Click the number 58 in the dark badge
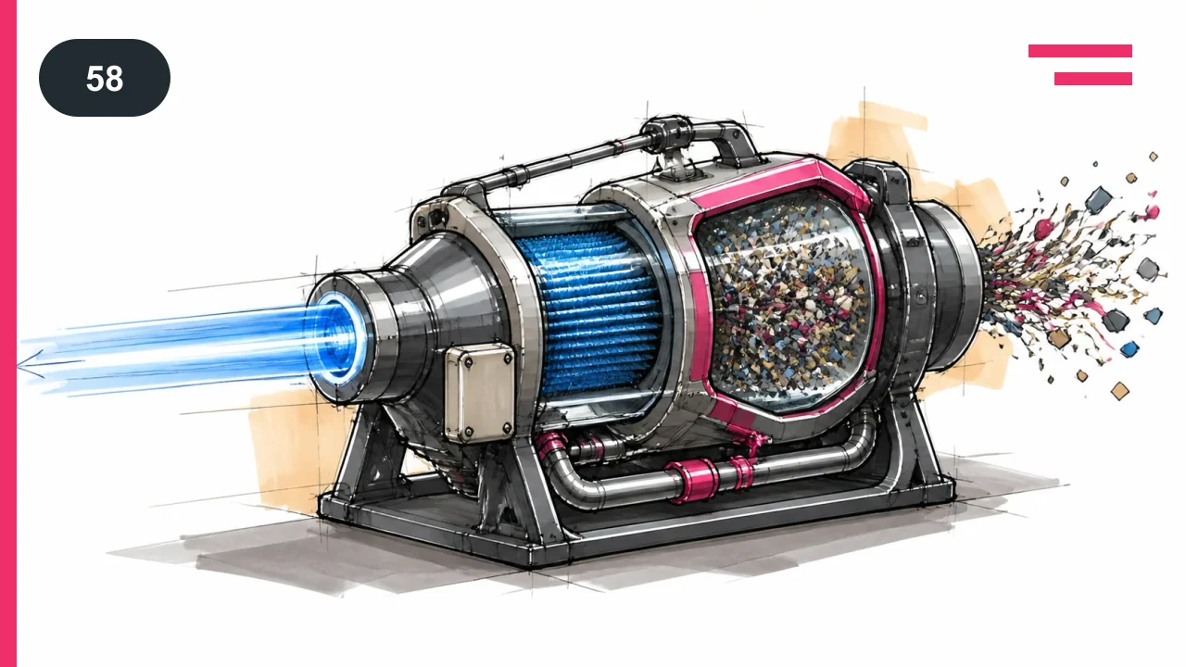coord(105,79)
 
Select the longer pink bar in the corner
coord(1080,51)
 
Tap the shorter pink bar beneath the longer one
coord(1093,79)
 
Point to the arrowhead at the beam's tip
coord(29,364)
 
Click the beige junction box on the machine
coord(480,394)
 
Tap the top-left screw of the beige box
coord(468,363)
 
